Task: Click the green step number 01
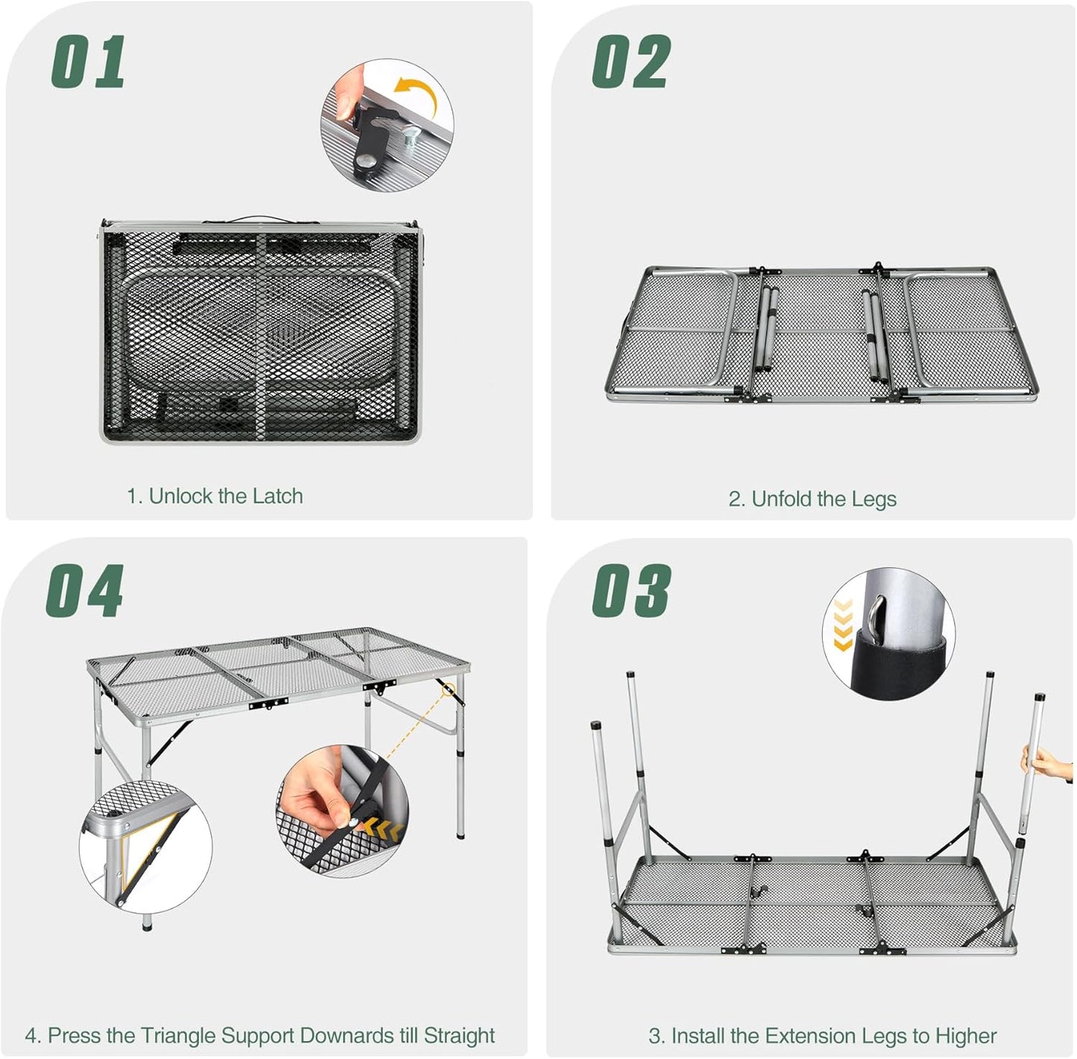click(88, 63)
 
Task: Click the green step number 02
click(631, 63)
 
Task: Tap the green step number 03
click(631, 591)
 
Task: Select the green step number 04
click(85, 591)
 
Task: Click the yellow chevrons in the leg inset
click(843, 625)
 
